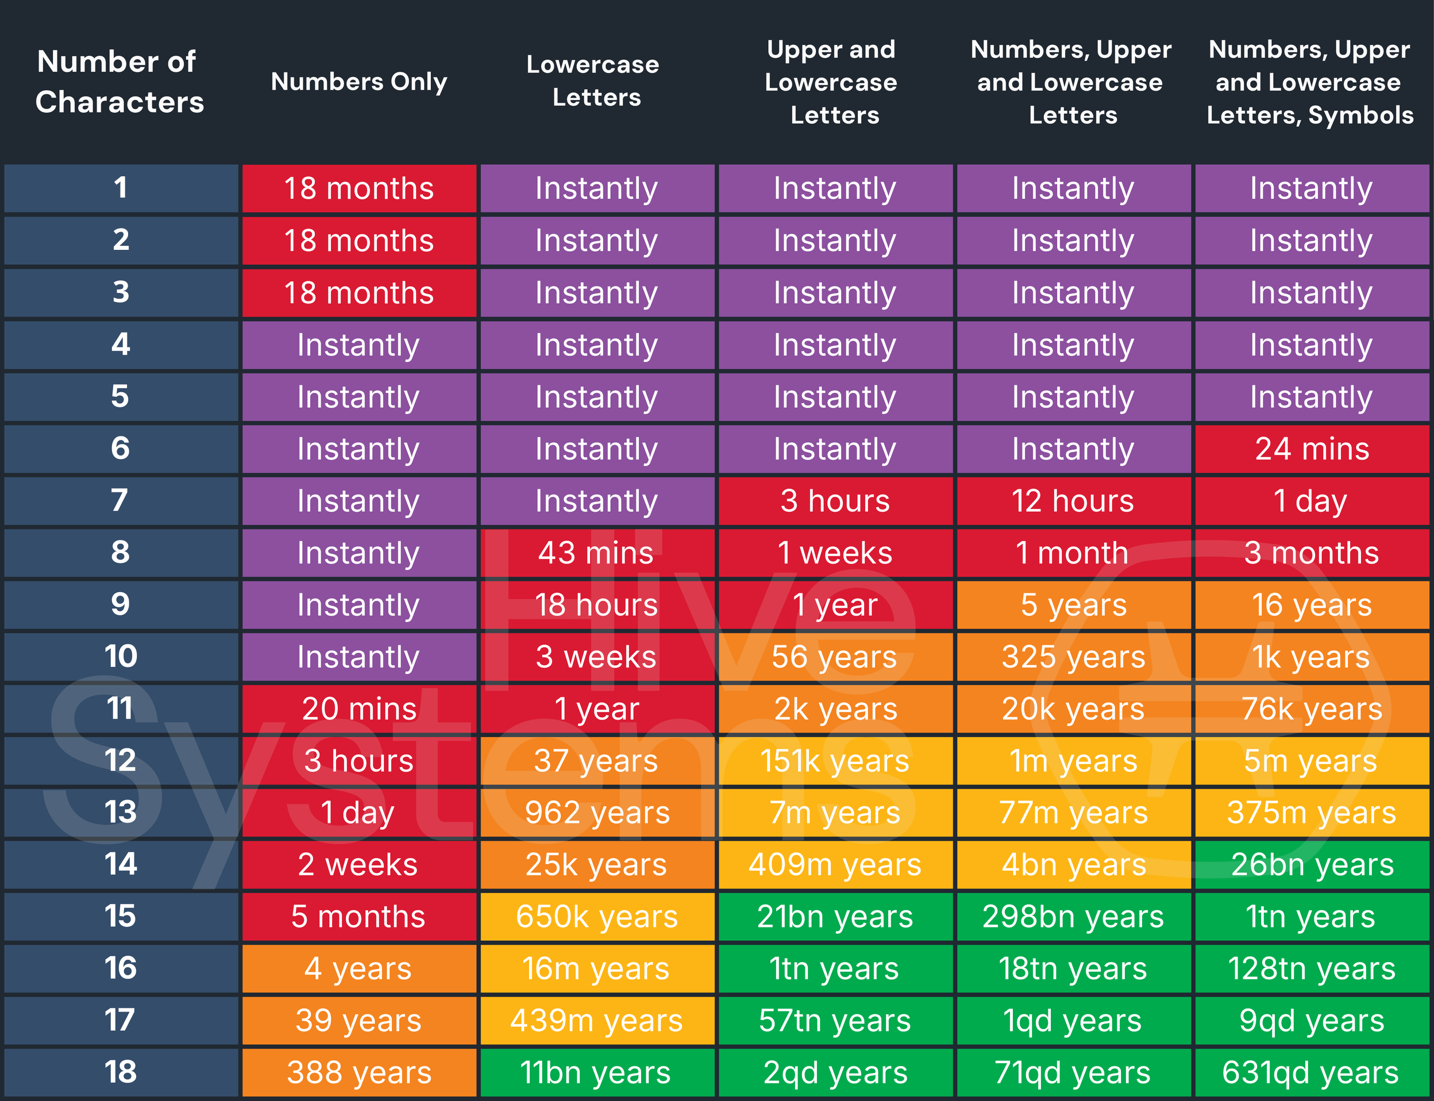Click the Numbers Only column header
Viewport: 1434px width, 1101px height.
[359, 82]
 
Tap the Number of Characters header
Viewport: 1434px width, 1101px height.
[119, 82]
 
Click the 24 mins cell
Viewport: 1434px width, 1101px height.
[1312, 449]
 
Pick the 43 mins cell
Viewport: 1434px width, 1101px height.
[597, 553]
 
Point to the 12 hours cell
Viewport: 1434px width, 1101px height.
[1074, 501]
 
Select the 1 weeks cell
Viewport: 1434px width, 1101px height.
[835, 553]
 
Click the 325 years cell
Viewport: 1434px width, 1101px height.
[1074, 656]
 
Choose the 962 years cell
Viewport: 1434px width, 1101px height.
[597, 813]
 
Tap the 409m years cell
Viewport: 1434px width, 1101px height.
[835, 865]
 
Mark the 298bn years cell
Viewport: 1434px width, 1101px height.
[1074, 917]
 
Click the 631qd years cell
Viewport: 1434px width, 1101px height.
[1312, 1073]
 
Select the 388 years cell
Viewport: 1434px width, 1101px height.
[359, 1073]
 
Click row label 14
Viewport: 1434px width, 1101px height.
[121, 864]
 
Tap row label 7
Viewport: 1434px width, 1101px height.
[120, 501]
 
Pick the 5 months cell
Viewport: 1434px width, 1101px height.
[359, 917]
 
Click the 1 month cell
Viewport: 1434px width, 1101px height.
[1074, 553]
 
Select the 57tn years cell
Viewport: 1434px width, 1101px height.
[835, 1021]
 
